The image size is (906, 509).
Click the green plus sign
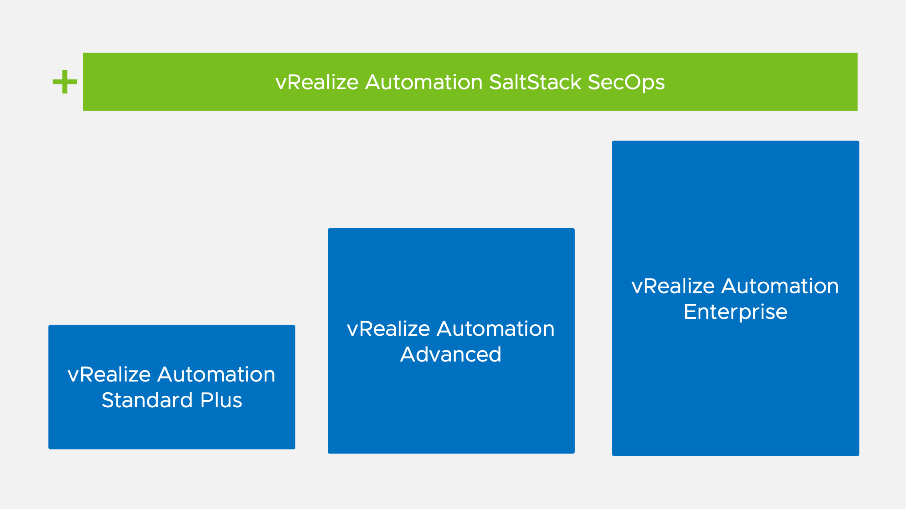65,82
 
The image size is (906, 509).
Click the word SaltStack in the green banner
535,82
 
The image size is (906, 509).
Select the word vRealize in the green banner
317,82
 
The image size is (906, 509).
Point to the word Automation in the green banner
424,82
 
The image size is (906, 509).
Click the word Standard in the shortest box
147,400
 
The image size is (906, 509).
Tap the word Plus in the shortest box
221,400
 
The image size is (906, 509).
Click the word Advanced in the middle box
451,354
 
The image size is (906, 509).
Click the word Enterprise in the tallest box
735,312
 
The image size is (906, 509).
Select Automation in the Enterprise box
780,286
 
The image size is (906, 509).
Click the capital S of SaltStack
496,82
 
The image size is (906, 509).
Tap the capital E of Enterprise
690,312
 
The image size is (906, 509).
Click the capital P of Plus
207,400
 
